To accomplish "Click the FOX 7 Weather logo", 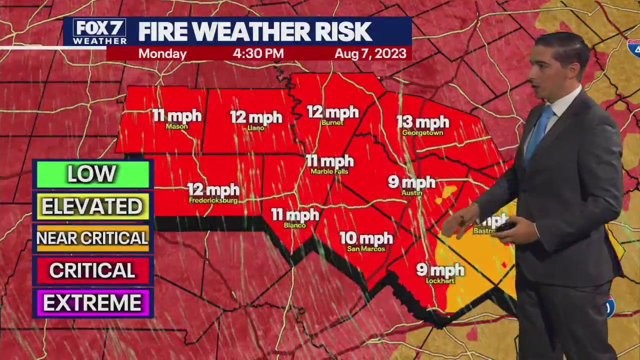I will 99,32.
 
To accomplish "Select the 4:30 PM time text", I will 258,53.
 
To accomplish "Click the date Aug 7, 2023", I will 370,53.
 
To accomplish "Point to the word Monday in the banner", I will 162,53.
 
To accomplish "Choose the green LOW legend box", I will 92,174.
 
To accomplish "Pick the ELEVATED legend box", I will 92,206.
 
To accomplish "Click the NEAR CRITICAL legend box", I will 92,238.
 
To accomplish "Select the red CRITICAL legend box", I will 92,270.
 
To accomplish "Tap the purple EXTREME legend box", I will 92,303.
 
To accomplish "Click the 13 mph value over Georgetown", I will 422,122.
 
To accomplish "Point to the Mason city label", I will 176,126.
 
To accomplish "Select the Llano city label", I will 256,128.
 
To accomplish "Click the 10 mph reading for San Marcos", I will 366,238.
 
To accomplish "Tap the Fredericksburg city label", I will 213,200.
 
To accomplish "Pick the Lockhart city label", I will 440,281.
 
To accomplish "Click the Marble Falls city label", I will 329,171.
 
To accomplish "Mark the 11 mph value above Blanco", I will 295,215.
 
